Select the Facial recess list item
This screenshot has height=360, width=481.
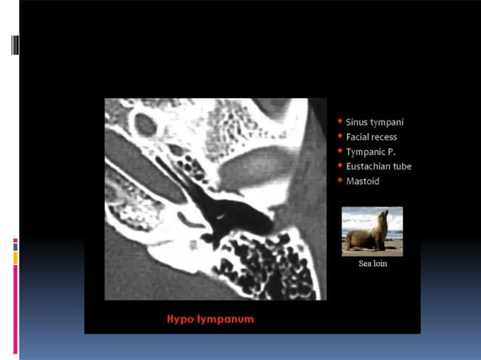pyautogui.click(x=371, y=137)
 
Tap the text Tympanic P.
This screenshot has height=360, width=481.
pyautogui.click(x=369, y=151)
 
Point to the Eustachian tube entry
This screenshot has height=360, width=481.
pyautogui.click(x=378, y=166)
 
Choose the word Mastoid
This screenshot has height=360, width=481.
pyautogui.click(x=363, y=182)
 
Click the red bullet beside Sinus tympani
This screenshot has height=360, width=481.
pyautogui.click(x=340, y=121)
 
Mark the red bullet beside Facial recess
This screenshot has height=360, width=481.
pyautogui.click(x=340, y=136)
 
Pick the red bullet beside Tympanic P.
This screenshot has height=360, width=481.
pyautogui.click(x=340, y=151)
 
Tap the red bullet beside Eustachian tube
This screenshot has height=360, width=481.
pyautogui.click(x=340, y=166)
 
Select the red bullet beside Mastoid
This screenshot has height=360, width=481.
pyautogui.click(x=340, y=181)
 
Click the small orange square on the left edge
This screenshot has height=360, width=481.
pyautogui.click(x=15, y=258)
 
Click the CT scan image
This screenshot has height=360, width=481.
pyautogui.click(x=216, y=199)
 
